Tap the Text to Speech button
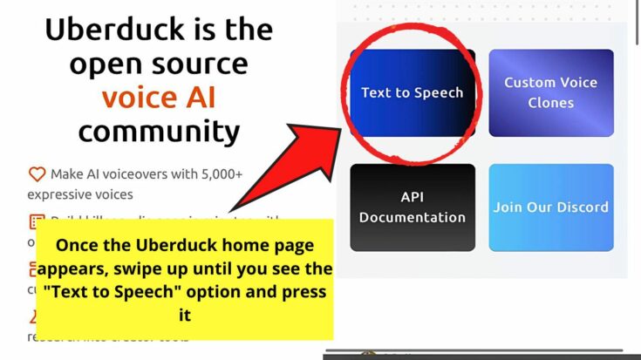tap(413, 92)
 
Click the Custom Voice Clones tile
tap(550, 92)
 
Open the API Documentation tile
tap(413, 207)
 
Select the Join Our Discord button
tap(550, 207)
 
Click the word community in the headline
tap(159, 132)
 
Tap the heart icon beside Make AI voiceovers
tap(37, 174)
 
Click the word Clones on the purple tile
tap(550, 103)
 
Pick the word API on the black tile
tap(413, 198)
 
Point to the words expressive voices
tap(80, 194)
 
